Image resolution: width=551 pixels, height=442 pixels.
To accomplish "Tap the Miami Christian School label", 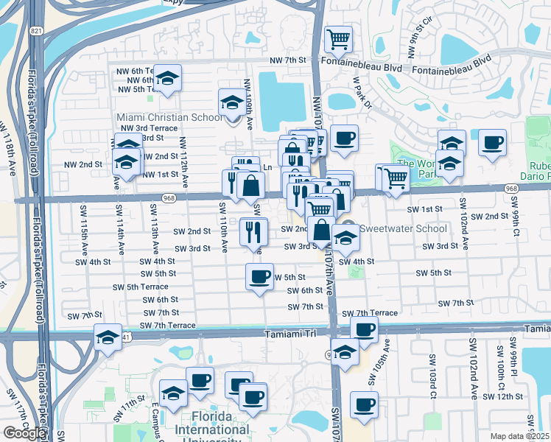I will tap(169, 117).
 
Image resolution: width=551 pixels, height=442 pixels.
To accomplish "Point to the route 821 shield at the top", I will tap(36, 32).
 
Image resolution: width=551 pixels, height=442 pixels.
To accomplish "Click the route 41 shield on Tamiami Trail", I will tap(127, 337).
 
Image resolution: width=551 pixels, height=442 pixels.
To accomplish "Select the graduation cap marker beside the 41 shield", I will tap(108, 337).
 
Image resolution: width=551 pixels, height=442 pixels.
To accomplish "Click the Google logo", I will tap(24, 433).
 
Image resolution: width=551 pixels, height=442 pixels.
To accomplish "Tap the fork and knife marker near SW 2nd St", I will tap(251, 233).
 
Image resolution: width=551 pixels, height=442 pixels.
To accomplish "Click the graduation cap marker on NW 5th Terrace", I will tap(169, 79).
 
